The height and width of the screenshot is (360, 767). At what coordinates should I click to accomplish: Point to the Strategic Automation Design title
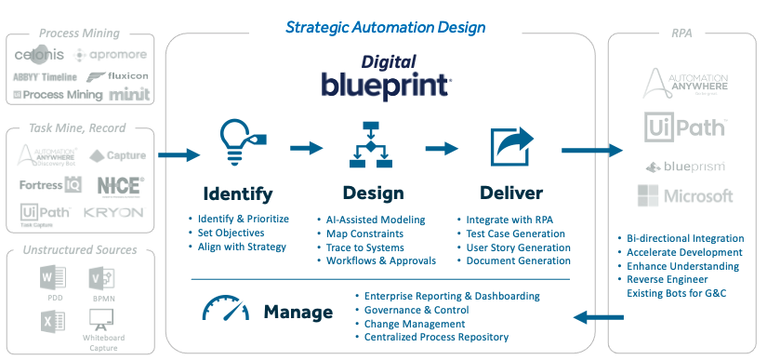[x=385, y=28]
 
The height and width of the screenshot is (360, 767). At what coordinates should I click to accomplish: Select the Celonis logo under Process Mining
[x=44, y=56]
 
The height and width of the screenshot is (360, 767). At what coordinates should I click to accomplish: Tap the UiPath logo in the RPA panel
[x=686, y=127]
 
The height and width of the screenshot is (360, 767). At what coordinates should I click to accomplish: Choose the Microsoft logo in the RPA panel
[x=686, y=196]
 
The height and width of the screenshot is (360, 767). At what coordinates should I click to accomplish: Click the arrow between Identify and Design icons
[x=306, y=147]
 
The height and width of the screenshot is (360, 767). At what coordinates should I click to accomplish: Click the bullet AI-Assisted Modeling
[x=376, y=220]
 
